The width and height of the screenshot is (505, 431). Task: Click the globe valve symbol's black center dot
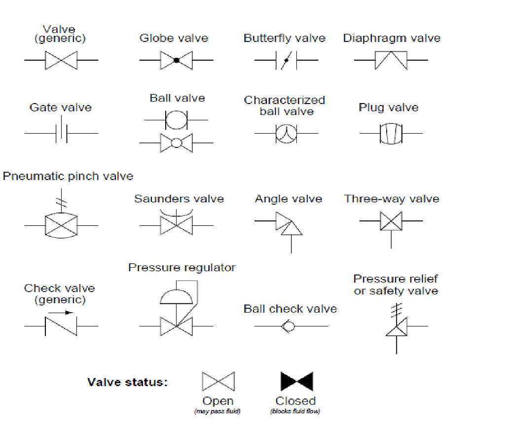click(176, 60)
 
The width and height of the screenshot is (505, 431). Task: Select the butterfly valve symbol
click(285, 61)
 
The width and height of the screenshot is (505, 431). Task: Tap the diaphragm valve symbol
click(391, 60)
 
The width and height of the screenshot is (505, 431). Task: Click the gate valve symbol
click(61, 133)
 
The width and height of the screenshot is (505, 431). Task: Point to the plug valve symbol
click(391, 133)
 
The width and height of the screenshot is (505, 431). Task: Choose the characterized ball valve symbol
click(285, 134)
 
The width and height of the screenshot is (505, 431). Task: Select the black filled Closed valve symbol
click(296, 382)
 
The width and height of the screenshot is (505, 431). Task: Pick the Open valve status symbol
click(218, 382)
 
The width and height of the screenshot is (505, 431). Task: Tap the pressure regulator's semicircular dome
click(176, 296)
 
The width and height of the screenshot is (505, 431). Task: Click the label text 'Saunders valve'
click(179, 199)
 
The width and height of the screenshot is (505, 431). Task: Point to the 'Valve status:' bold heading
click(127, 382)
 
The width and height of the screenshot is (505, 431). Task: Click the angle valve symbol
click(289, 224)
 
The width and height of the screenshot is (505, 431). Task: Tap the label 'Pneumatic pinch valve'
click(68, 176)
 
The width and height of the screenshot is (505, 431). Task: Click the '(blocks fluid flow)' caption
click(295, 412)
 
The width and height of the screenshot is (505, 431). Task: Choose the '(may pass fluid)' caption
click(217, 412)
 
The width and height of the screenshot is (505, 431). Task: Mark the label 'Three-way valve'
click(392, 199)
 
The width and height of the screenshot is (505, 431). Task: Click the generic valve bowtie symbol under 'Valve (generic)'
click(61, 60)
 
